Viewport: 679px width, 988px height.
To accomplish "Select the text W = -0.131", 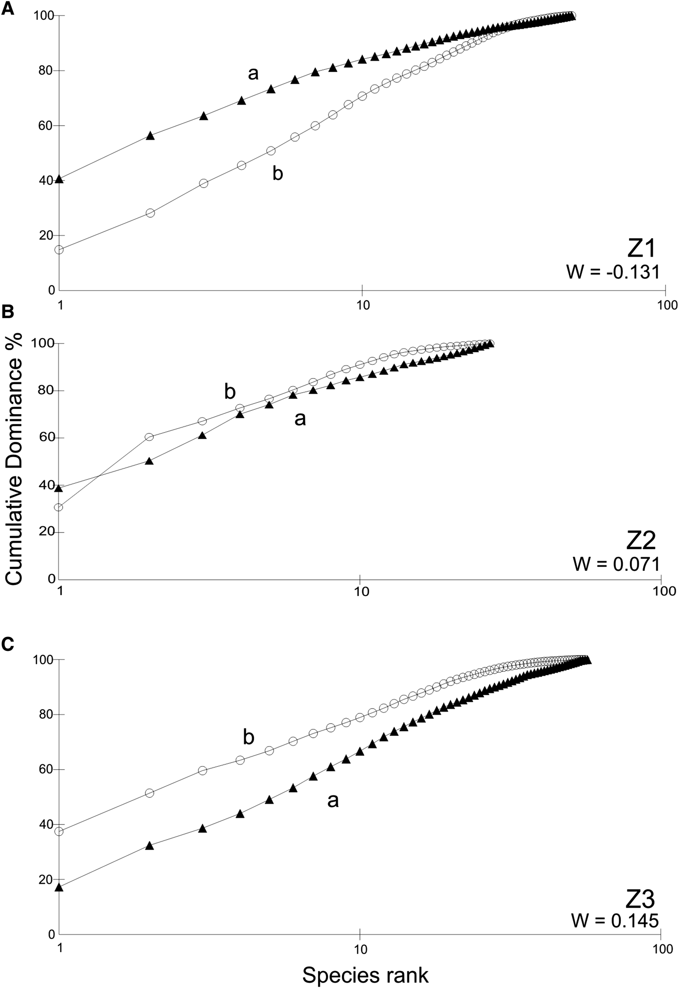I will click(x=613, y=272).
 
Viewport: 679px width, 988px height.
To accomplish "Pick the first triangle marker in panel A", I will click(x=59, y=179).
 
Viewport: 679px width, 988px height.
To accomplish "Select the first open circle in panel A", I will click(x=59, y=250).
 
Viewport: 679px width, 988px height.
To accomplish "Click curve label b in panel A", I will click(x=277, y=173).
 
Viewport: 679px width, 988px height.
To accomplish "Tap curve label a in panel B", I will click(x=300, y=419).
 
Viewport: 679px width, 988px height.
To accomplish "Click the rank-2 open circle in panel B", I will click(x=149, y=437).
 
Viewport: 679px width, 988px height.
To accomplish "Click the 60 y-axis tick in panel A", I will click(x=48, y=126).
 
